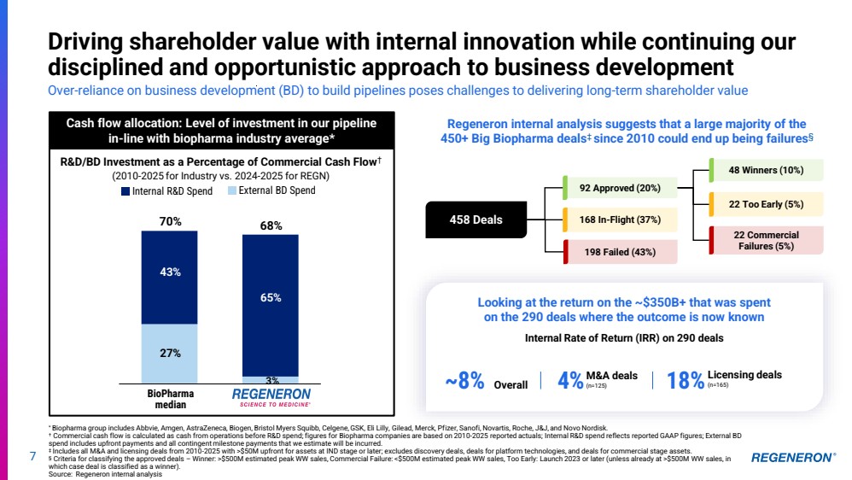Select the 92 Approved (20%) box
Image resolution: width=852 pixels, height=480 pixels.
coord(620,188)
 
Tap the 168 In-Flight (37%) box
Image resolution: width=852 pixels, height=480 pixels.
coord(620,220)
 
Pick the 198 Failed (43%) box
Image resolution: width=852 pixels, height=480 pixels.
coord(620,252)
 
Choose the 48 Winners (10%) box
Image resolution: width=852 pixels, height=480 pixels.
coord(766,170)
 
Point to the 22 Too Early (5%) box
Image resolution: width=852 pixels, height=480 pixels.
coord(766,204)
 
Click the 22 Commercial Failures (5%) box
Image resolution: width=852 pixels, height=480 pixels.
coord(766,240)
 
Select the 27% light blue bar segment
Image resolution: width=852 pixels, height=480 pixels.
coord(170,353)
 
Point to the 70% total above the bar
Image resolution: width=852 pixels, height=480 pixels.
coord(170,222)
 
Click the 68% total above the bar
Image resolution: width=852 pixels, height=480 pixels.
coord(271,226)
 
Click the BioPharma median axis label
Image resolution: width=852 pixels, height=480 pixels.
coord(170,399)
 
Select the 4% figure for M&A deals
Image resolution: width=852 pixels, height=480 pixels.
coord(570,381)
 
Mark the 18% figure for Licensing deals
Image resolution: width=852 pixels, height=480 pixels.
coord(686,381)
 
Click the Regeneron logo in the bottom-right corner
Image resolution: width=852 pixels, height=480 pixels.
coord(793,458)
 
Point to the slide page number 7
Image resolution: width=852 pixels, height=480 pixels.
coord(32,457)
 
